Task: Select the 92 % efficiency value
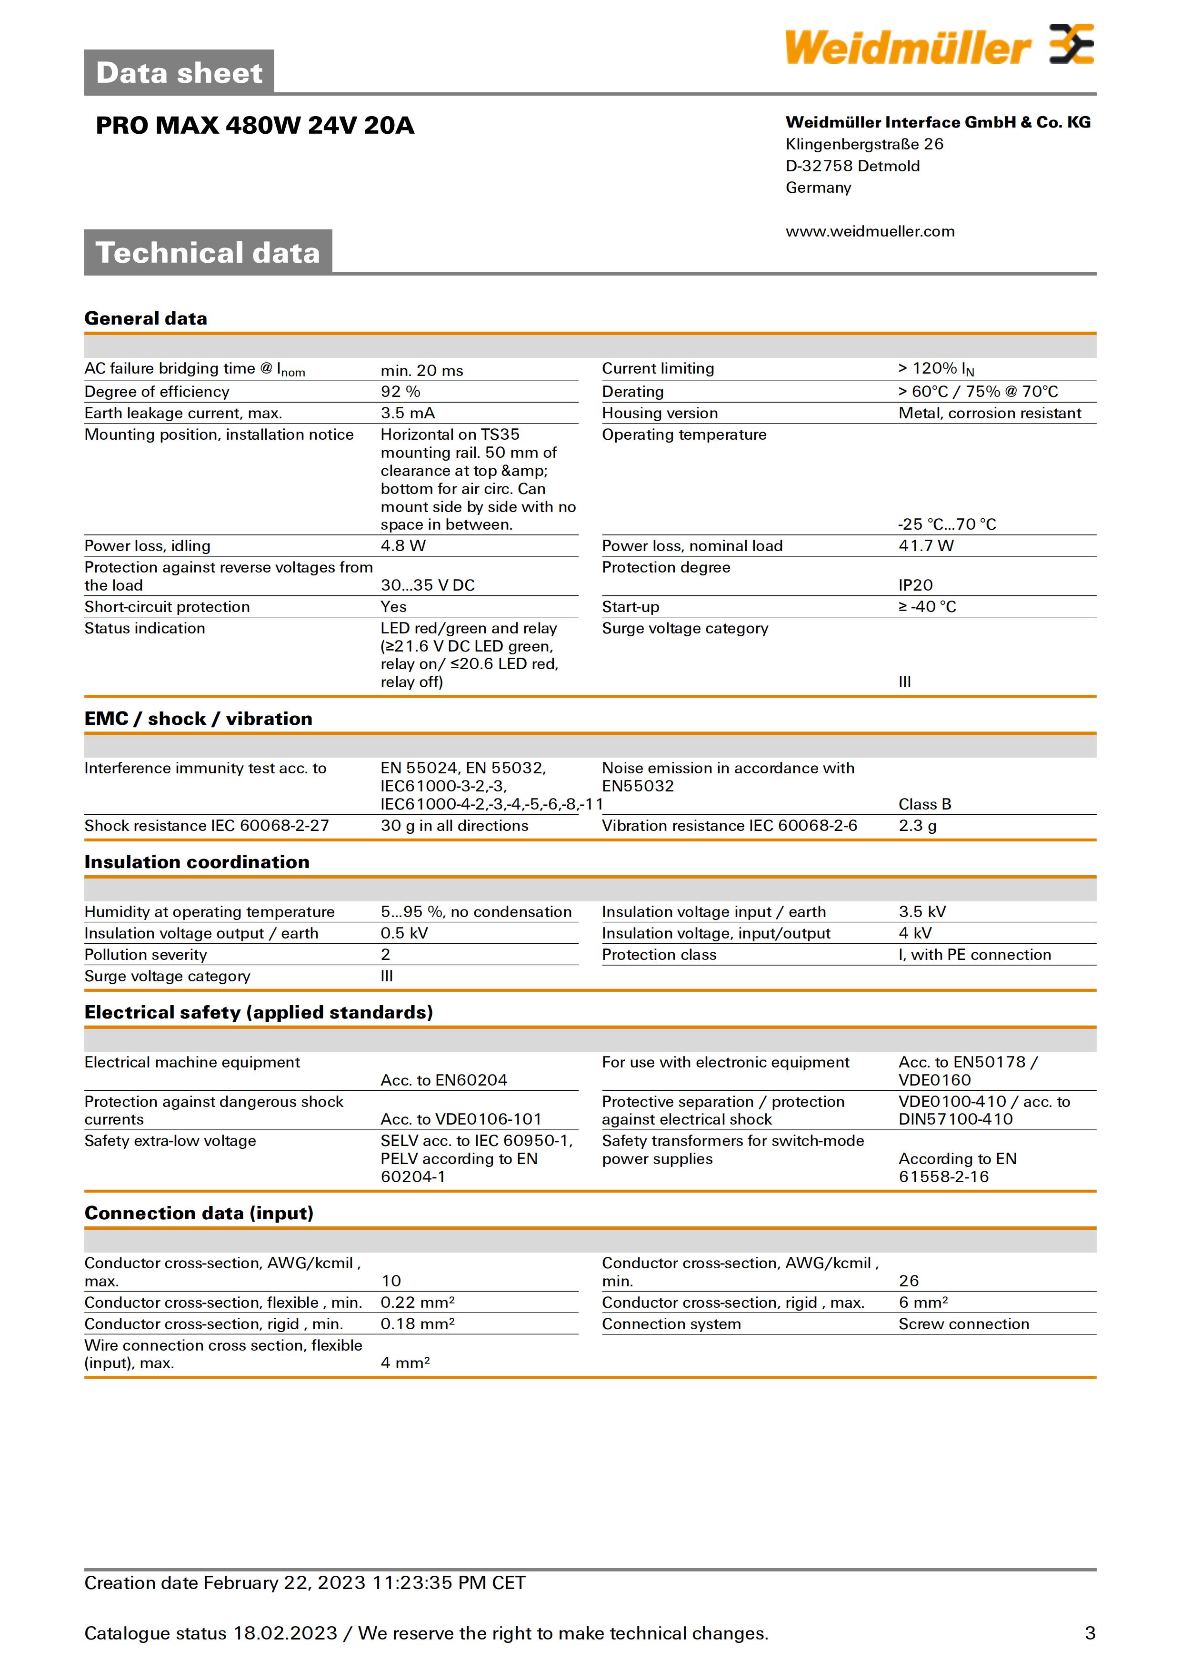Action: (x=400, y=392)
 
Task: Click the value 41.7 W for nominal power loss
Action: (x=926, y=546)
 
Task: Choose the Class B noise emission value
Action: (x=924, y=804)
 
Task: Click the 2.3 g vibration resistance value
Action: (x=917, y=826)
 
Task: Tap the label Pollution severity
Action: (x=145, y=955)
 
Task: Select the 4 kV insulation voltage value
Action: (x=915, y=933)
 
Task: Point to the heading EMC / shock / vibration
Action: (x=198, y=719)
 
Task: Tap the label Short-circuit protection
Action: (x=167, y=607)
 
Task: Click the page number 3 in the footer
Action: (x=1090, y=1633)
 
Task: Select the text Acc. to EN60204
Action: (x=444, y=1080)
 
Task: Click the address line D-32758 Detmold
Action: (x=852, y=167)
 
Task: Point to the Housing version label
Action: (x=660, y=414)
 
